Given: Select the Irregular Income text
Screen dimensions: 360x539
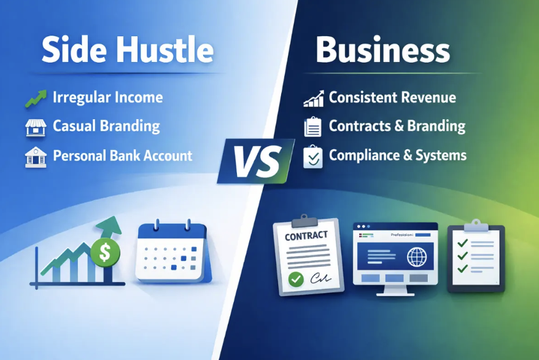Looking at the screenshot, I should tap(107, 97).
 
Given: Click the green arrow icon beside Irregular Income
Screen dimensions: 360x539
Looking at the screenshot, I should tap(34, 97).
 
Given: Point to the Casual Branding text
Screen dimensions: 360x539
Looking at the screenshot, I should tap(106, 127).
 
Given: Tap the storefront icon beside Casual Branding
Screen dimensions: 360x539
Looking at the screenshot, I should tap(34, 127).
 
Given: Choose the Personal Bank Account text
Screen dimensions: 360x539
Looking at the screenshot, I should tap(123, 155).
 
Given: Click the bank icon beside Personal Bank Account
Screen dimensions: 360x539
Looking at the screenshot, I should tap(34, 156).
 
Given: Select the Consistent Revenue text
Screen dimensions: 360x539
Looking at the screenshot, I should tap(392, 97).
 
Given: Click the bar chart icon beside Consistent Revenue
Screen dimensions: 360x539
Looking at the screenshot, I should tap(313, 98).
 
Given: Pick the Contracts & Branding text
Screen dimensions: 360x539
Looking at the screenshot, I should tap(397, 127).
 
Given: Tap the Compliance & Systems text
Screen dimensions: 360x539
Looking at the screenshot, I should tap(397, 155).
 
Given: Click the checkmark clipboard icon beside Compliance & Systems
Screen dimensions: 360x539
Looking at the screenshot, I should tap(313, 156).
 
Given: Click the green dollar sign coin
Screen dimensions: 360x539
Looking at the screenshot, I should tap(105, 252).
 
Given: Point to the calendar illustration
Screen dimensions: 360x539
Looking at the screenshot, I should tap(172, 252).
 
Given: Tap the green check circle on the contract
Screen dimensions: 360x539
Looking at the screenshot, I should tap(297, 279).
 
